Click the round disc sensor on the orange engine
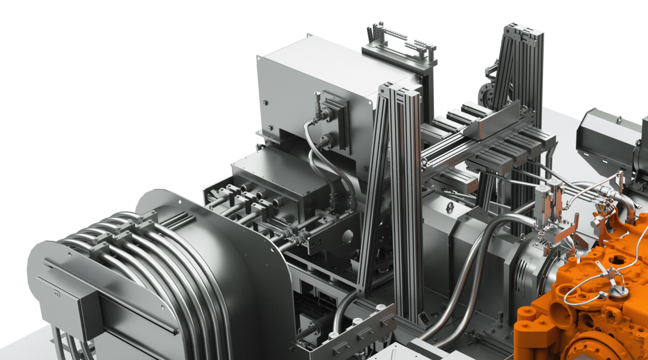pyautogui.click(x=616, y=292)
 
